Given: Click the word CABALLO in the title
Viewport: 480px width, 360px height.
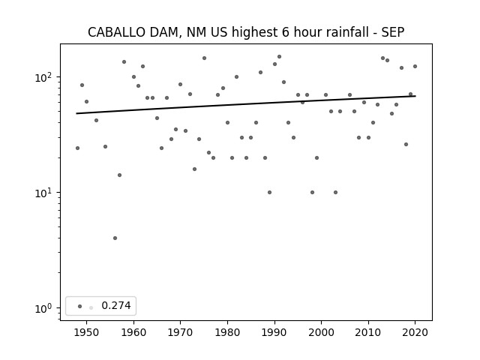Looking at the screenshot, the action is pyautogui.click(x=116, y=32).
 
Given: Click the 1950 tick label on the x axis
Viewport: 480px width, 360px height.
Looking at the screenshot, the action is pyautogui.click(x=87, y=332).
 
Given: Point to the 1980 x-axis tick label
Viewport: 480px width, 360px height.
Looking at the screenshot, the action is pyautogui.click(x=227, y=332).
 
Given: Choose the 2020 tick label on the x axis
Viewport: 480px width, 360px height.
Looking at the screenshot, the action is pyautogui.click(x=415, y=332).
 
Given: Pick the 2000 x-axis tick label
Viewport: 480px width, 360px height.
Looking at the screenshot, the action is pyautogui.click(x=322, y=332).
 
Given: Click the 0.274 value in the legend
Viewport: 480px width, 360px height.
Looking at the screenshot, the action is pyautogui.click(x=116, y=305).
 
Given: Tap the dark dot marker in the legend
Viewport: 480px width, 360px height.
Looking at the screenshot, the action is pyautogui.click(x=80, y=306).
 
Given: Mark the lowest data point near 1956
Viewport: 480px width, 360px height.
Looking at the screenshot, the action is pyautogui.click(x=115, y=238).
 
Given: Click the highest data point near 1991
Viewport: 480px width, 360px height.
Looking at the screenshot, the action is pyautogui.click(x=279, y=57).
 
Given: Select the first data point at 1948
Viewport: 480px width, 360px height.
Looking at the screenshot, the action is pyautogui.click(x=77, y=148).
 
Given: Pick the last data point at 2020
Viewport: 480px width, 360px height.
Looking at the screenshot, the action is pyautogui.click(x=415, y=67).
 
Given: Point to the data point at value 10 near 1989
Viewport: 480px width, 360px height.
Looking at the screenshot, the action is pyautogui.click(x=269, y=192).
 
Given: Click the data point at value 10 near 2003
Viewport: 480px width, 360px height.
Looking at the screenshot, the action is pyautogui.click(x=335, y=192).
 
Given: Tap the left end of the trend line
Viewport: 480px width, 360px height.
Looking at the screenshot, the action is pyautogui.click(x=76, y=113).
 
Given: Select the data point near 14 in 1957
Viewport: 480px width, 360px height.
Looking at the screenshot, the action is pyautogui.click(x=120, y=175).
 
